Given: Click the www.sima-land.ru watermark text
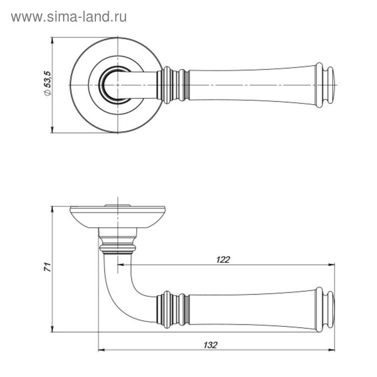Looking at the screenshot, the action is pos(69,17).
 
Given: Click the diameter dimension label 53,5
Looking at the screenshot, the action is pos(47,83).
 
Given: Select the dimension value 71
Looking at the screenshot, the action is pos(47,267).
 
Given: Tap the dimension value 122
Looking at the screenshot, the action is pos(223,260).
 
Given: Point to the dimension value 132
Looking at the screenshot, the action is pos(211,345).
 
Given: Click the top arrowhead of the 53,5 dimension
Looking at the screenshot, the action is pos(52,40).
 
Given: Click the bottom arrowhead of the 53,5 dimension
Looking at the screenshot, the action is pos(52,130).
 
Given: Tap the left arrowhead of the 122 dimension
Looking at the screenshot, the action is pos(121,265).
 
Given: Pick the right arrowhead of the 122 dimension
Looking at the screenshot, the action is pos(331,265).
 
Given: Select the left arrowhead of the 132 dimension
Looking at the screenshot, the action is pos(102,350).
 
